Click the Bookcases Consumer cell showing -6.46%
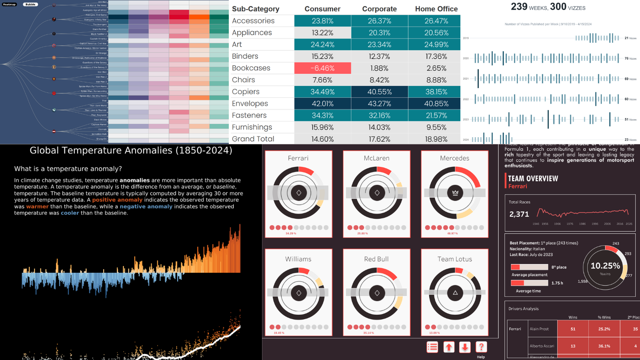point(322,68)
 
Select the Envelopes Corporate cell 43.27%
point(379,104)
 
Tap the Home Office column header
point(436,9)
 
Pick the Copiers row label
point(246,92)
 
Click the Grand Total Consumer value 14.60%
point(322,139)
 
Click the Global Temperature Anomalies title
point(131,150)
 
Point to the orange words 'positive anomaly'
point(117,200)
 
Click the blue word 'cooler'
point(70,213)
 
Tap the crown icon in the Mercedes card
point(455,193)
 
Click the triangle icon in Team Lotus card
point(455,293)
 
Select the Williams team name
point(298,259)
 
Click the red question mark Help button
point(481,347)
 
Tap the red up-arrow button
point(449,347)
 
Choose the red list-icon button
point(432,347)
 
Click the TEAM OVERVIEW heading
point(533,178)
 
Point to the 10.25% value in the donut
point(605,266)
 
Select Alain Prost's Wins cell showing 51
point(573,329)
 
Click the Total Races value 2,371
point(519,214)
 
